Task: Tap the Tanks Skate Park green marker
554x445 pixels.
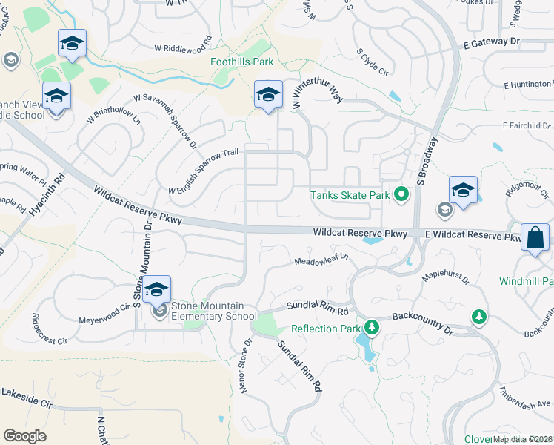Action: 401,195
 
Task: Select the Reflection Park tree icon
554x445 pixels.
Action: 373,328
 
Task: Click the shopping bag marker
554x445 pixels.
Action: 534,239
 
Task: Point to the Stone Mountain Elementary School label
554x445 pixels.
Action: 214,311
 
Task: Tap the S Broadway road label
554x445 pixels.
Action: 429,160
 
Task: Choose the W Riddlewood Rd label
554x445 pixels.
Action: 183,44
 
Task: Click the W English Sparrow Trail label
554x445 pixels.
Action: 204,171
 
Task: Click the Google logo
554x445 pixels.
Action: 25,435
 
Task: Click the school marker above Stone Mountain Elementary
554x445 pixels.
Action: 156,289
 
